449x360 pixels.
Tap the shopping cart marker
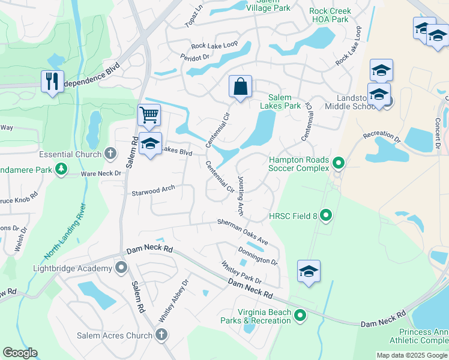coord(149,113)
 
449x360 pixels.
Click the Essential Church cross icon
coord(110,154)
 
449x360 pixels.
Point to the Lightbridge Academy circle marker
coord(122,267)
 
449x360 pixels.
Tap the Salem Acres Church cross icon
coord(160,335)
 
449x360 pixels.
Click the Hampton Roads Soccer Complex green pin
coord(339,162)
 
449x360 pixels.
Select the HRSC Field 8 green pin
coord(326,214)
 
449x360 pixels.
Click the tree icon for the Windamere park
coord(61,170)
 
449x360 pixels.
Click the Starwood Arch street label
coord(153,190)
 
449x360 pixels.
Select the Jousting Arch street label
coord(241,196)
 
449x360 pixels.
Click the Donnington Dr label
coord(258,256)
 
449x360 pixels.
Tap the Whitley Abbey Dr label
coord(173,300)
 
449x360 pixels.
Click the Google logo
coord(20,353)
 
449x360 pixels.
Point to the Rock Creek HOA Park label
coord(329,15)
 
